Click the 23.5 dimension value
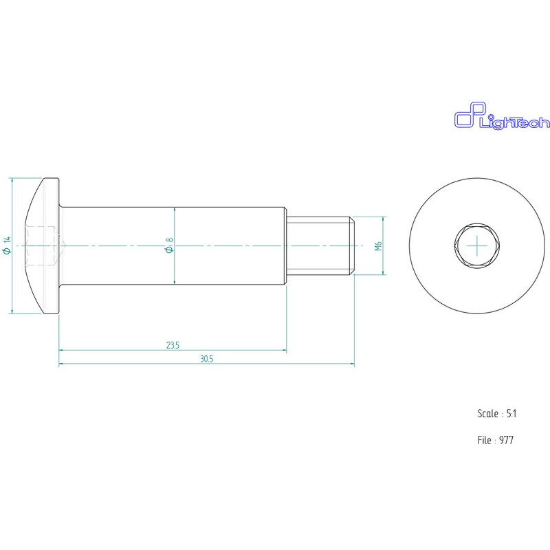pyautogui.click(x=173, y=345)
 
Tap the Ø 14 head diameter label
pyautogui.click(x=8, y=245)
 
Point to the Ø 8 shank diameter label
pyautogui.click(x=168, y=245)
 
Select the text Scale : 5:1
pyautogui.click(x=496, y=414)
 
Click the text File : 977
pyautogui.click(x=495, y=440)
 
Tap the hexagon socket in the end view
pyautogui.click(x=475, y=245)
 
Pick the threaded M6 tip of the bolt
pyautogui.click(x=320, y=245)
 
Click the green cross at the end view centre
pyautogui.click(x=475, y=245)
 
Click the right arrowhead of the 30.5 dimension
pyautogui.click(x=352, y=364)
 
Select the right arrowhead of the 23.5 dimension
pyautogui.click(x=284, y=350)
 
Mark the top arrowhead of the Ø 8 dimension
pyautogui.click(x=175, y=210)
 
